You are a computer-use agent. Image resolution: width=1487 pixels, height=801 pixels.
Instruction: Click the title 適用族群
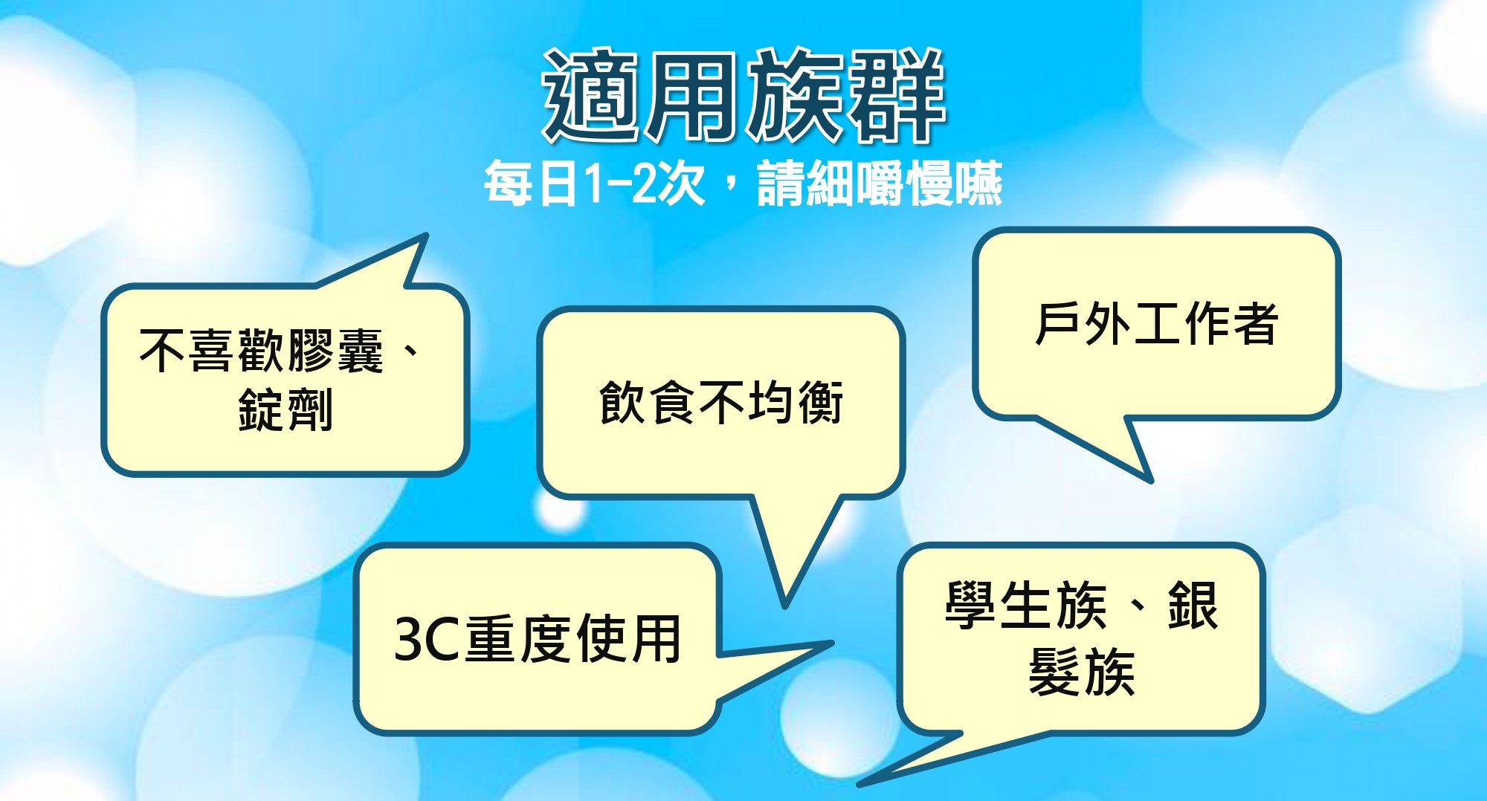tap(743, 95)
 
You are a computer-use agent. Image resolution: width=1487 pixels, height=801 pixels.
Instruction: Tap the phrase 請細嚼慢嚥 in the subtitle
tap(880, 184)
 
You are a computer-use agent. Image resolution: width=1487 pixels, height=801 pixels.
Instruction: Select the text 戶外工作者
tap(1156, 324)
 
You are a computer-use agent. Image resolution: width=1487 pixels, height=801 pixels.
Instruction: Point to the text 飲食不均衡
tap(720, 403)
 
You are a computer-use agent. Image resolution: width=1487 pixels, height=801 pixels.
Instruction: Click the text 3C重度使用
tap(538, 639)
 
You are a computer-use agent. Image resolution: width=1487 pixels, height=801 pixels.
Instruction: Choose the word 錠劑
tap(286, 410)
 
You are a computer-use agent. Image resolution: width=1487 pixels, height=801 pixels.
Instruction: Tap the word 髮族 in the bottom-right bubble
tap(1082, 672)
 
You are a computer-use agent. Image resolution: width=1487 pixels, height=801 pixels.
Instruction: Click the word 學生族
tap(1026, 606)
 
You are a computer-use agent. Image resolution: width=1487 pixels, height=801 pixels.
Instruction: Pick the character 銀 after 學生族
tap(1193, 606)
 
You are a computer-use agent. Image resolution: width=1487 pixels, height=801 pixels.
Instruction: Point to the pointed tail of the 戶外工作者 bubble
tap(1149, 481)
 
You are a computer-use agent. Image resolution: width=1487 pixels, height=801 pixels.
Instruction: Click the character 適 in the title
tap(591, 95)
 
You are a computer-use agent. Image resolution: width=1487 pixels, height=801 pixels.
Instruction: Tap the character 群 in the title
tap(897, 95)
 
